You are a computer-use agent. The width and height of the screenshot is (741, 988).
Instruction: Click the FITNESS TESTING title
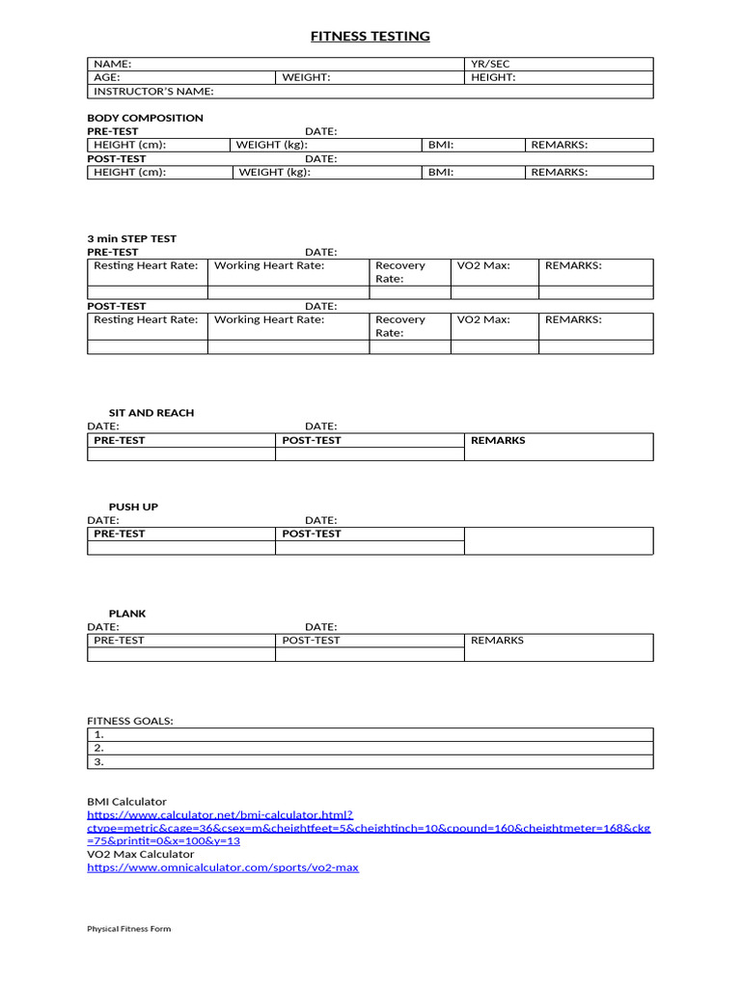(x=370, y=37)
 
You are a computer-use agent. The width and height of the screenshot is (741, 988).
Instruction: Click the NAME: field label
(x=112, y=64)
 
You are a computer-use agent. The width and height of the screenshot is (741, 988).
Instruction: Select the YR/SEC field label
(x=490, y=64)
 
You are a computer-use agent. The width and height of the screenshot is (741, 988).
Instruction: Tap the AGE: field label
(x=107, y=77)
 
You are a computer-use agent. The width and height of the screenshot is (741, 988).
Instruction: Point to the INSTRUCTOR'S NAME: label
(x=153, y=92)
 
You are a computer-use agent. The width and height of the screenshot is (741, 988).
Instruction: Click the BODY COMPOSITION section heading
(x=145, y=118)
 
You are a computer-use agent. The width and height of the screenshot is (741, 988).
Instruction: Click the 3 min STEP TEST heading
(x=131, y=238)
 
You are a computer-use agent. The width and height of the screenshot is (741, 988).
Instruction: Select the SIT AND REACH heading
(x=151, y=412)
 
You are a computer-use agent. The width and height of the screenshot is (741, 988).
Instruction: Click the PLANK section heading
(x=127, y=614)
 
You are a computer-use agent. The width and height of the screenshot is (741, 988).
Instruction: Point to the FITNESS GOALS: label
(x=130, y=721)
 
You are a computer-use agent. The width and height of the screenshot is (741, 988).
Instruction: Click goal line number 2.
(x=98, y=748)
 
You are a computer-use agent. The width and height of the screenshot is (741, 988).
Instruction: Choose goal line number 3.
(x=98, y=761)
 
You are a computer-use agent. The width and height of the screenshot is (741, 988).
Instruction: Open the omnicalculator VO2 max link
(x=222, y=867)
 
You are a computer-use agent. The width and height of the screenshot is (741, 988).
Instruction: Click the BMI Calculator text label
(x=126, y=802)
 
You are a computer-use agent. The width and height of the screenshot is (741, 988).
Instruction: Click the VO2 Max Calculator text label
(x=140, y=854)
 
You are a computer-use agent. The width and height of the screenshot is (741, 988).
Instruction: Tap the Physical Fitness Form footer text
(x=128, y=929)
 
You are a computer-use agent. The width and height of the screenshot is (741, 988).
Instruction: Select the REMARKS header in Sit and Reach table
(x=498, y=440)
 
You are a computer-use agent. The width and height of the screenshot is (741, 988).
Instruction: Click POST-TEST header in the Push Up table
(x=311, y=534)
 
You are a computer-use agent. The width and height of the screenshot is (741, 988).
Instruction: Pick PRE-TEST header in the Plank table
(x=119, y=640)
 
